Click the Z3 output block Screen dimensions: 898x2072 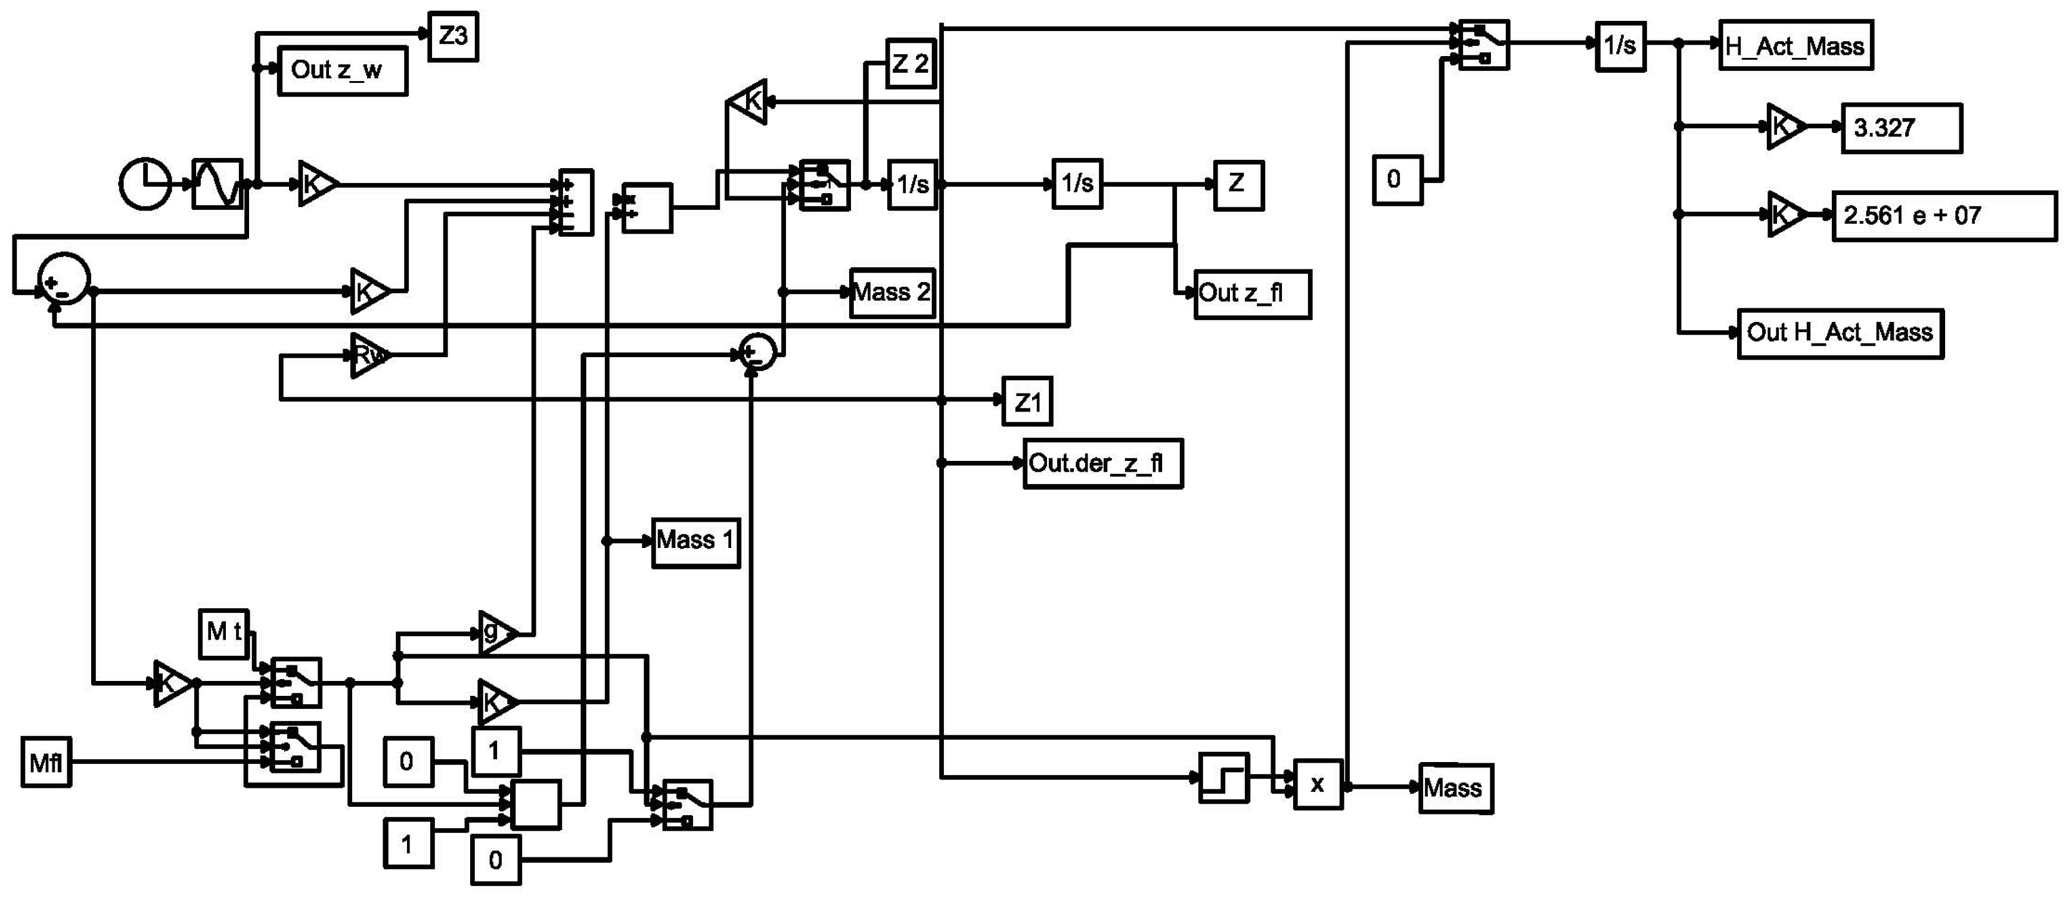click(453, 36)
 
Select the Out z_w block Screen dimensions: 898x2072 click(342, 71)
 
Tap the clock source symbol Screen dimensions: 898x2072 click(145, 184)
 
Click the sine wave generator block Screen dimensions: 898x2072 click(217, 184)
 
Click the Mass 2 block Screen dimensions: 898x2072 click(892, 292)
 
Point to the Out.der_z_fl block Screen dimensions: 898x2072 click(1102, 463)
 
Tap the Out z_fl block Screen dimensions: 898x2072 click(1251, 294)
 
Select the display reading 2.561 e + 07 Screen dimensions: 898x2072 click(1943, 216)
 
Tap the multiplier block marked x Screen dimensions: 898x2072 click(1318, 784)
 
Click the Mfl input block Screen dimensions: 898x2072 click(46, 762)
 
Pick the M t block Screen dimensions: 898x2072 click(223, 633)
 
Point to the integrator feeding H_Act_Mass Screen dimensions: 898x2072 click(1620, 47)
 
